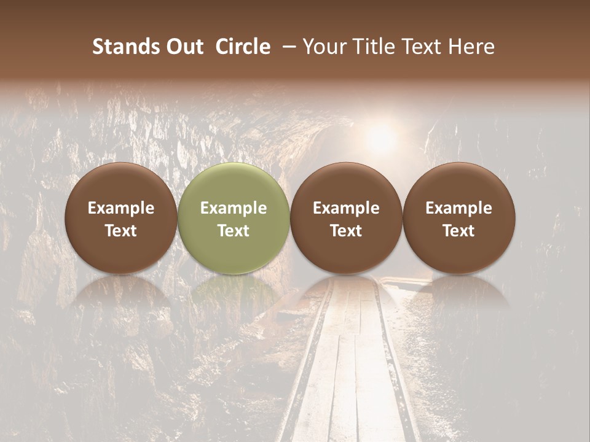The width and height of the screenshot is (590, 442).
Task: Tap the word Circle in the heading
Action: tap(243, 47)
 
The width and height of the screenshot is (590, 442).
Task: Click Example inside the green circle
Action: tap(234, 208)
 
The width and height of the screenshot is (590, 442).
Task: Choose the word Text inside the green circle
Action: tap(234, 231)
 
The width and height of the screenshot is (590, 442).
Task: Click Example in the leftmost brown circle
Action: tap(121, 208)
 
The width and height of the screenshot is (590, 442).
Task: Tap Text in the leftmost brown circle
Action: tap(121, 231)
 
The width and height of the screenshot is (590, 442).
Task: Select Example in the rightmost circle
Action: tap(458, 208)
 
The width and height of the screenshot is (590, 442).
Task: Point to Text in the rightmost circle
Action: tap(458, 231)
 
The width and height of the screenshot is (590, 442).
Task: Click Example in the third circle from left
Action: tap(346, 208)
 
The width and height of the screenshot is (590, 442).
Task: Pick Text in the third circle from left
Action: tap(346, 231)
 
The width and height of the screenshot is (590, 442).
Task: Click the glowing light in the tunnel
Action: tap(382, 137)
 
